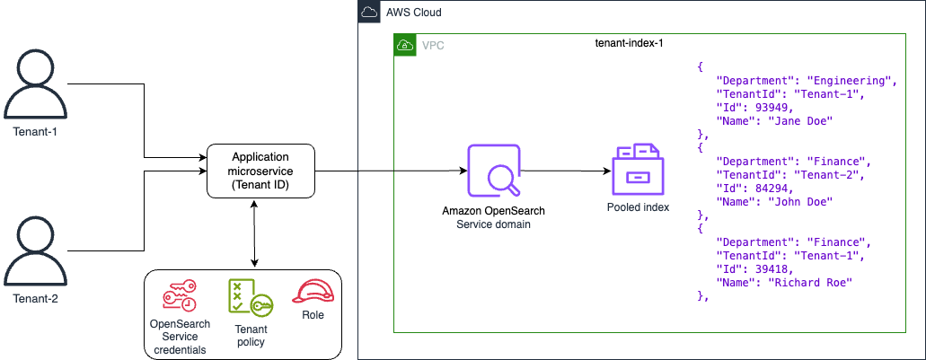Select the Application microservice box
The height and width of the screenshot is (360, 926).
coord(260,171)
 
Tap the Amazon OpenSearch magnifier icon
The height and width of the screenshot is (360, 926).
coord(493,171)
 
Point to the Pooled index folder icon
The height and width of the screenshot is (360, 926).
coord(639,171)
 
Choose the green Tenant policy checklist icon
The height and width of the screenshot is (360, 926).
coord(245,296)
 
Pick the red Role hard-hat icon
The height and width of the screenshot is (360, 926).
coord(311,293)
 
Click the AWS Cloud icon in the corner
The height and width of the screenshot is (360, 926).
coord(369,13)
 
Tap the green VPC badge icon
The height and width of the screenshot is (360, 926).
coord(405,45)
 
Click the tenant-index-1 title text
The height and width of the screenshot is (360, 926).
coord(630,42)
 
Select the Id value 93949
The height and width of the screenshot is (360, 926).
coord(765,107)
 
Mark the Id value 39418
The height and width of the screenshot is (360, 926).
coord(765,269)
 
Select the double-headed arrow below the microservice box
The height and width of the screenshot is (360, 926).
coord(256,233)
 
